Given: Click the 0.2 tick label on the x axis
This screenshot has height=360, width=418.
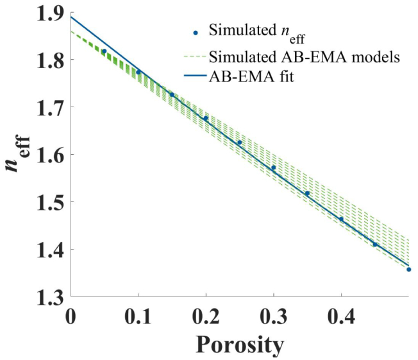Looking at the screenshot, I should (206, 316).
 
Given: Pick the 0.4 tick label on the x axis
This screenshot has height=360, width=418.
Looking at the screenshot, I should (341, 316).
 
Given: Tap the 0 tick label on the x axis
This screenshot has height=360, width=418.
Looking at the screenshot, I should (71, 316).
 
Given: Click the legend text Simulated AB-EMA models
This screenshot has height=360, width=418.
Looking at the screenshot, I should (305, 56).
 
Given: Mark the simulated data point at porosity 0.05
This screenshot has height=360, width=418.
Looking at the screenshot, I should (104, 51).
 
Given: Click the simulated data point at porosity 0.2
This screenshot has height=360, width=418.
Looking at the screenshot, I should (206, 118).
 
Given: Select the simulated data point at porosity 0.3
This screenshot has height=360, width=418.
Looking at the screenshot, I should (273, 168).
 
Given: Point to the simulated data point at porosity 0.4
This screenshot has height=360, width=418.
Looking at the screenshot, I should (341, 219).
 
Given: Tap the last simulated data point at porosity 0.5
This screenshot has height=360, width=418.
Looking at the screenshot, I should (408, 270).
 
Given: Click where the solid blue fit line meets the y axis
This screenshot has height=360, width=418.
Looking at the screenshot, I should (71, 17).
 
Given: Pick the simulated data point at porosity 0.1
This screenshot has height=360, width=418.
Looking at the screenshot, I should (138, 72).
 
